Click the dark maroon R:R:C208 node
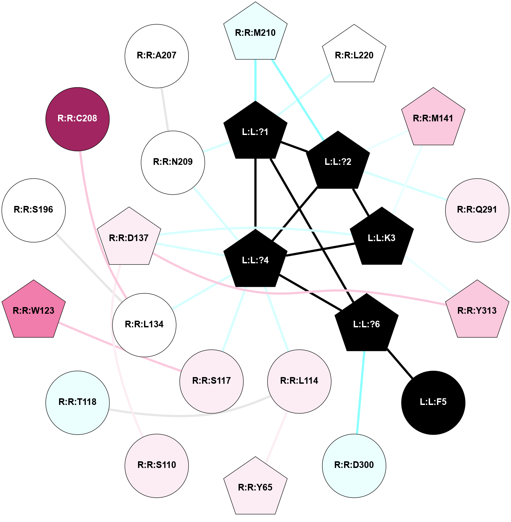click(77, 119)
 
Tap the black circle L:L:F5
click(433, 402)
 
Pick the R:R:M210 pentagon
click(255, 33)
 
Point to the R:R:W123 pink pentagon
click(34, 311)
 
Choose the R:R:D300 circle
click(354, 465)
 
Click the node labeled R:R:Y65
click(255, 487)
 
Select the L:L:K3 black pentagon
click(382, 238)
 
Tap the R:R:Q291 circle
click(477, 210)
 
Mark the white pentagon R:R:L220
click(354, 55)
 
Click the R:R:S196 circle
click(34, 210)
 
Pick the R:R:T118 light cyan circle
click(77, 402)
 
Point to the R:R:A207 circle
click(157, 56)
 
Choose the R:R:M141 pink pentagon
click(433, 118)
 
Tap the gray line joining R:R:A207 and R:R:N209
click(165, 109)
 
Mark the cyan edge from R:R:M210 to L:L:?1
click(255, 80)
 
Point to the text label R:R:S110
click(157, 465)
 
